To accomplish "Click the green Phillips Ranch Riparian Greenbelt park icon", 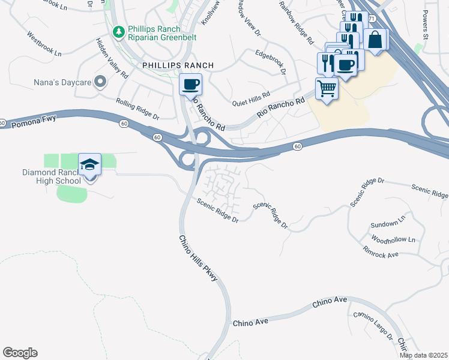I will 119,31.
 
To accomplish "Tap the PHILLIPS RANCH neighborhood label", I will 169,65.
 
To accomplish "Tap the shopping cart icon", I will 327,89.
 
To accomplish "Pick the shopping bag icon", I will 375,40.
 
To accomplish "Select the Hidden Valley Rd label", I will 112,59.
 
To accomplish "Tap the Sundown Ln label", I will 385,224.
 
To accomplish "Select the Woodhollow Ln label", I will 393,239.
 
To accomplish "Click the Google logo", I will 20,353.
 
